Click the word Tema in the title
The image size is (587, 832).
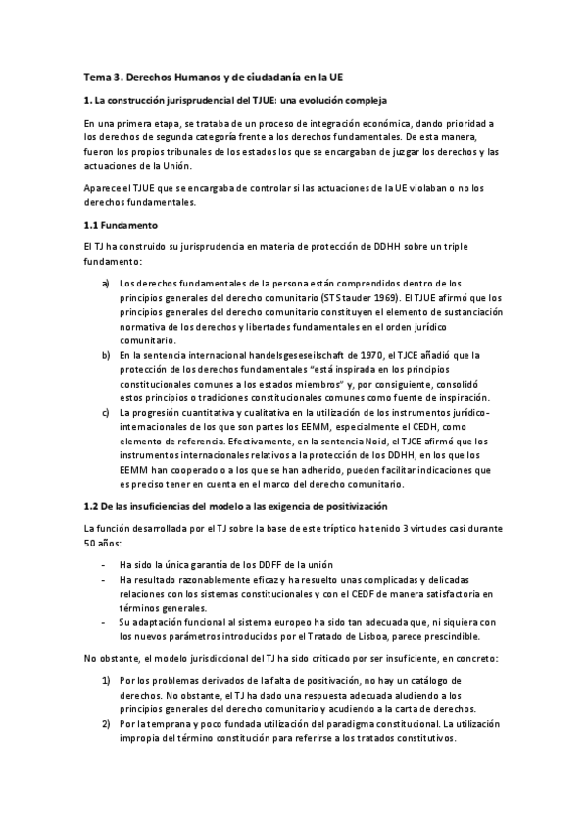coord(96,77)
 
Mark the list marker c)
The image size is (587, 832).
coord(105,413)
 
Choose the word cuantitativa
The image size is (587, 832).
coord(211,413)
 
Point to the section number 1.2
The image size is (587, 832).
coord(91,505)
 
